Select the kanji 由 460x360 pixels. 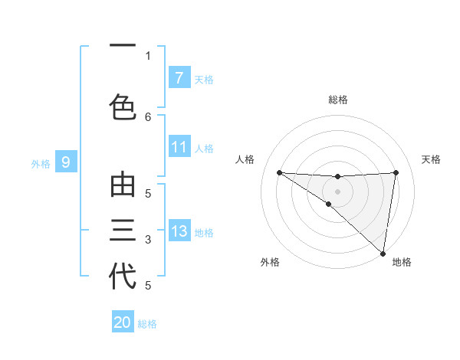123,186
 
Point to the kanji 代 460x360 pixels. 123,276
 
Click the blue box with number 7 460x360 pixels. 179,77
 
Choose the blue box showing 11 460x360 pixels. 179,146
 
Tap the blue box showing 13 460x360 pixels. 179,231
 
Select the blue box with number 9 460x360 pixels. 66,162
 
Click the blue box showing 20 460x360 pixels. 123,322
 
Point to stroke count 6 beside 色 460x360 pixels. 148,116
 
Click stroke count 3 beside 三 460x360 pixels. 148,240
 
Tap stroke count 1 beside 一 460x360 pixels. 148,55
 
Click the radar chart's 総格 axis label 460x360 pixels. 338,100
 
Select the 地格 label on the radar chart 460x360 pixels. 402,263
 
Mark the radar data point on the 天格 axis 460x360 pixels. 396,172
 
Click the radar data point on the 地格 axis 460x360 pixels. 383,253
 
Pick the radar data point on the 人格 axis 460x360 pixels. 279,172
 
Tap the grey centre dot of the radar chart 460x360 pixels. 337,191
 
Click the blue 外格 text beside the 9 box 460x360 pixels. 41,163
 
